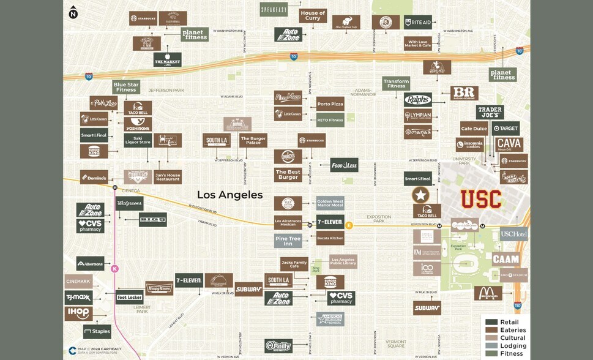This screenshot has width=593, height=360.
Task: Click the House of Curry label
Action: [313, 16]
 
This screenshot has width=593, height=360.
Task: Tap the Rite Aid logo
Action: [417, 23]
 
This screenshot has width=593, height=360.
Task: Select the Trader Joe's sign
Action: [490, 112]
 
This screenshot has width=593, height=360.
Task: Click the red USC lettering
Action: [481, 199]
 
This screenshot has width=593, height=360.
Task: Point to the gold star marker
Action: [420, 195]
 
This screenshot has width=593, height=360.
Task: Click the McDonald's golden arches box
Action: [488, 293]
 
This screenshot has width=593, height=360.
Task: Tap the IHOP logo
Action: [79, 313]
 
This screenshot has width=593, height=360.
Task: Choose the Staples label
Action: [97, 332]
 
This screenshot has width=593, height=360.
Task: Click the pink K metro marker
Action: [114, 268]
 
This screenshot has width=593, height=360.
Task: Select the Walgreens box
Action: [129, 203]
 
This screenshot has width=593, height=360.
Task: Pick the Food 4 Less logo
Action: [344, 165]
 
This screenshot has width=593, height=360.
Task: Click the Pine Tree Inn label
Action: [288, 241]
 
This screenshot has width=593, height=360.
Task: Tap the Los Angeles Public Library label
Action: [343, 262]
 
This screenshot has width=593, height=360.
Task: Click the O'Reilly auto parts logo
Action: [278, 346]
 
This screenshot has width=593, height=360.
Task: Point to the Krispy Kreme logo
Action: [159, 288]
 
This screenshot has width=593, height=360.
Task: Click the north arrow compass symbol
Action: [73, 12]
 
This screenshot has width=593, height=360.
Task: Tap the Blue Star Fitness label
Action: [126, 87]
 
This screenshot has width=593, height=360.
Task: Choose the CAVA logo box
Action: [509, 144]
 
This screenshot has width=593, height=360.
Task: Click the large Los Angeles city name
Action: [229, 195]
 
